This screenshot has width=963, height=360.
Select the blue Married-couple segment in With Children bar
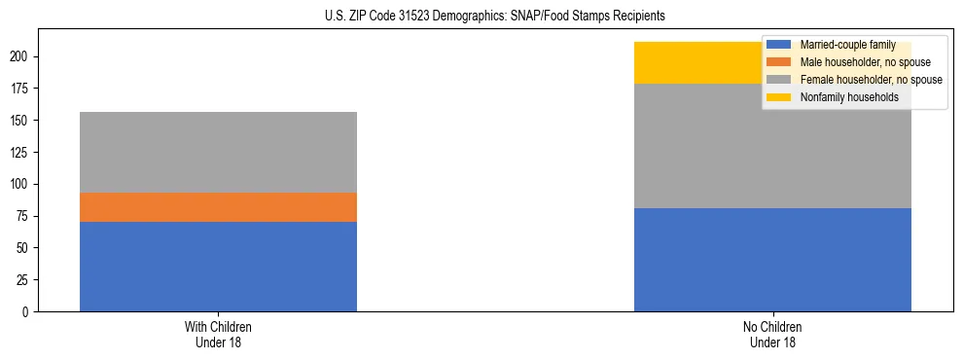(218, 267)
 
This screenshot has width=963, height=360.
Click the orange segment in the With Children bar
(218, 207)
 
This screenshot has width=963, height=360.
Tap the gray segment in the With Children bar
(218, 152)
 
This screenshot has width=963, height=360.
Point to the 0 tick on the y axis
(29, 311)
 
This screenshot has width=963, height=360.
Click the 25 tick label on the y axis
(26, 279)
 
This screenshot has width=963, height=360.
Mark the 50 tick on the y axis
(26, 248)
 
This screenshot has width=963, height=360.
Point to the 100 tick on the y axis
(23, 184)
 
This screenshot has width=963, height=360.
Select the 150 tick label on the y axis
(23, 121)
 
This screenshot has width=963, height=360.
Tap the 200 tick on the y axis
(23, 56)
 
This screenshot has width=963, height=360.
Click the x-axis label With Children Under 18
(218, 334)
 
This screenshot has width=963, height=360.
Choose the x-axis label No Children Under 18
(772, 334)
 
